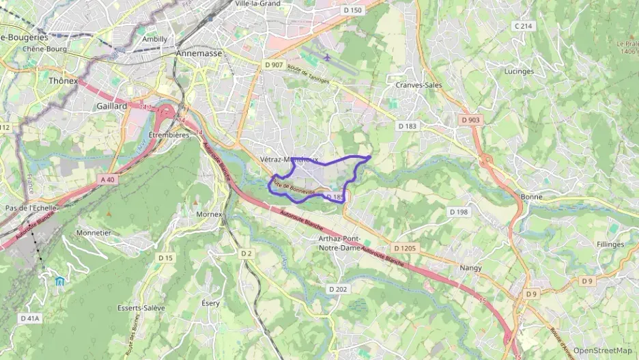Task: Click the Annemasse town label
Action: (x=199, y=53)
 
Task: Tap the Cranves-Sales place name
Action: (x=418, y=85)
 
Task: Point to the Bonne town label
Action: (x=531, y=197)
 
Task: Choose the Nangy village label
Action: (x=471, y=268)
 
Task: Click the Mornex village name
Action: (x=209, y=214)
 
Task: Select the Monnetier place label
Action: (x=94, y=232)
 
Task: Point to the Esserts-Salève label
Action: (x=141, y=308)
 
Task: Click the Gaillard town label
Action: (x=112, y=107)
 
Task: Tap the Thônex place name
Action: (x=63, y=81)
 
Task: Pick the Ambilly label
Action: (x=154, y=39)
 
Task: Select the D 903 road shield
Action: (x=470, y=120)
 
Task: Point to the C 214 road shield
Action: (x=522, y=26)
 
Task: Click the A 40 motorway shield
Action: (x=108, y=180)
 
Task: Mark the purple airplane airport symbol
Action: (x=328, y=57)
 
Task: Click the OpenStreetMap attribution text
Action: (x=602, y=350)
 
